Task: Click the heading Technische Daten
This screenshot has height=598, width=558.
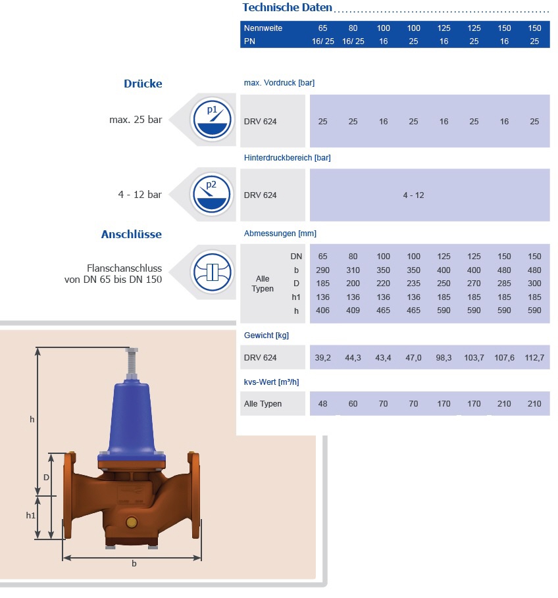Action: pyautogui.click(x=287, y=8)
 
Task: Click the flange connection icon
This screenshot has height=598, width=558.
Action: pyautogui.click(x=212, y=272)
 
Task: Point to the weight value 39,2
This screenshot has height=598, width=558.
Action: pyautogui.click(x=322, y=357)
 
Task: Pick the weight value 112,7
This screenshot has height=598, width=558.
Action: pyautogui.click(x=534, y=357)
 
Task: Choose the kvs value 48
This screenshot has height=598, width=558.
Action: pyautogui.click(x=322, y=403)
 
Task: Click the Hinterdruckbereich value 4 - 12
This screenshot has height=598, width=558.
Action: pyautogui.click(x=413, y=195)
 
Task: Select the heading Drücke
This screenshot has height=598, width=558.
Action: pyautogui.click(x=143, y=84)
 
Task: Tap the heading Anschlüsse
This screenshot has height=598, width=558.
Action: pyautogui.click(x=131, y=234)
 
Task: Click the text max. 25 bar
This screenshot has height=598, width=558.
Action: pyautogui.click(x=136, y=120)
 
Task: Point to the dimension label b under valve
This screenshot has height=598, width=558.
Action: pyautogui.click(x=134, y=564)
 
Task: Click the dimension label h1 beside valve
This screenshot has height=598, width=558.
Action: pyautogui.click(x=31, y=516)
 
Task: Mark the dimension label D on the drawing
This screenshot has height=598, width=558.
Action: pyautogui.click(x=47, y=477)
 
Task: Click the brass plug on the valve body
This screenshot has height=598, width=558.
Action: pyautogui.click(x=131, y=523)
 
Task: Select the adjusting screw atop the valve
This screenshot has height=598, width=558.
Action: pyautogui.click(x=132, y=362)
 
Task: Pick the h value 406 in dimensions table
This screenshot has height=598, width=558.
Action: pyautogui.click(x=322, y=311)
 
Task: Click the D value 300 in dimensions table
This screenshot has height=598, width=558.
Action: pyautogui.click(x=534, y=284)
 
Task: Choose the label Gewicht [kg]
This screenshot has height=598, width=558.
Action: pyautogui.click(x=266, y=335)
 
